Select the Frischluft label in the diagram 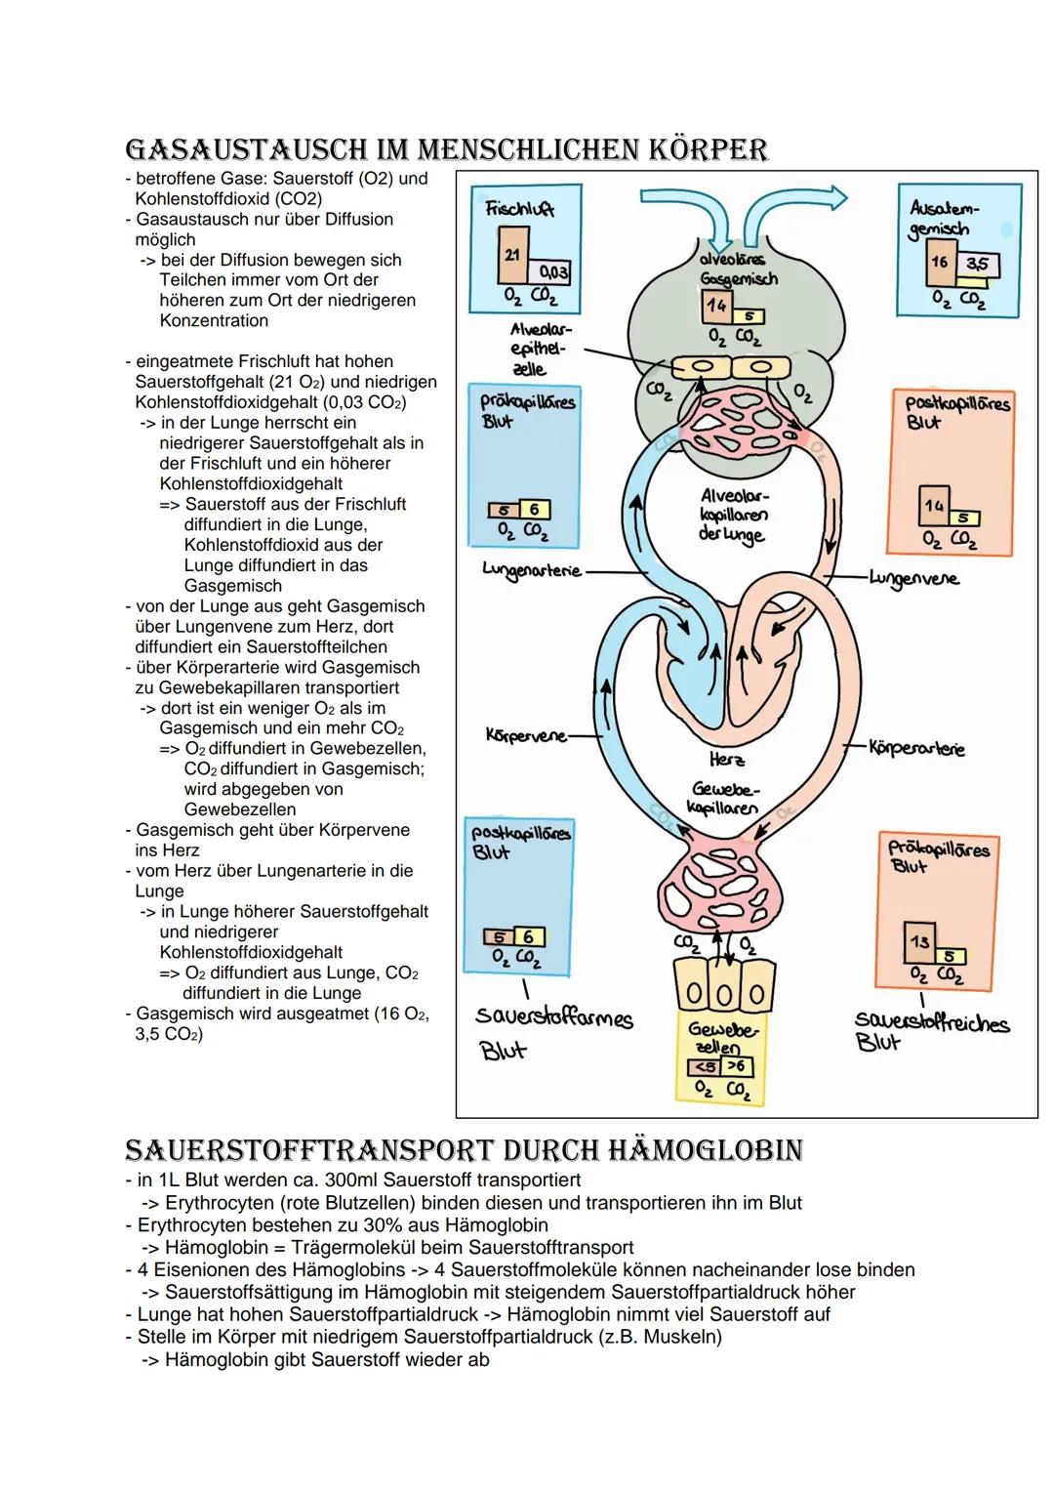tap(518, 208)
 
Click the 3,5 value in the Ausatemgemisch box tap(975, 265)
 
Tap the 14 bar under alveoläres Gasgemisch tap(717, 305)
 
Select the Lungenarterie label tap(531, 569)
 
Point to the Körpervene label tap(526, 735)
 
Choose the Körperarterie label tap(916, 749)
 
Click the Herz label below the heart tap(727, 759)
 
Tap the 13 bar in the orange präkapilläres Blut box tap(918, 941)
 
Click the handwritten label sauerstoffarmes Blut tap(552, 1031)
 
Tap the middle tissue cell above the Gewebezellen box tap(721, 994)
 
